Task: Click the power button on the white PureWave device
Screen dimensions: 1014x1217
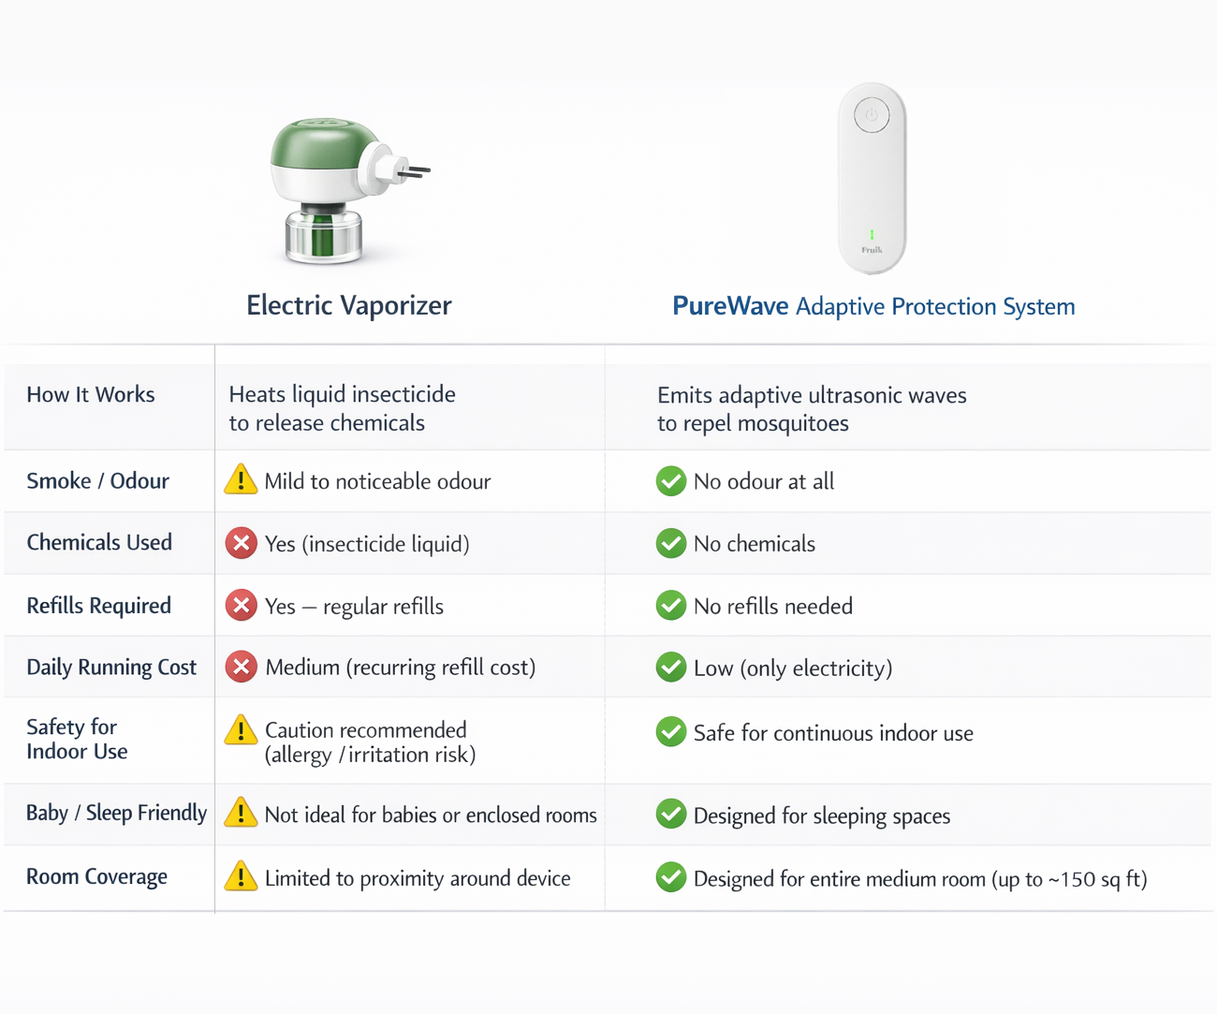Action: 872,116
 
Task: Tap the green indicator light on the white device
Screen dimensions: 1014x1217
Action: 872,235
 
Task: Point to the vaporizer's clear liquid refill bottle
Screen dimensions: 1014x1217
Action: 323,236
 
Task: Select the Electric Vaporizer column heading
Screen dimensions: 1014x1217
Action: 348,305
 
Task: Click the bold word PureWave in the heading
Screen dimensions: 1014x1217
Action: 730,306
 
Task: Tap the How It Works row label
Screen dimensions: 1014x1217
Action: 91,395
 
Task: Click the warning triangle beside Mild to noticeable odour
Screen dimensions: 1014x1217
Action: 241,480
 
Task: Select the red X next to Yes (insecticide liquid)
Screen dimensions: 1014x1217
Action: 241,543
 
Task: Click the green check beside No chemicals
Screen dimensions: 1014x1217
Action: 670,543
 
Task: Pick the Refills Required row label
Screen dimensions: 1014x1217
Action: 98,606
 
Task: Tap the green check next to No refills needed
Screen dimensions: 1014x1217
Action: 670,606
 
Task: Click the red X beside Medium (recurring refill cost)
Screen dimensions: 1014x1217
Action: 241,667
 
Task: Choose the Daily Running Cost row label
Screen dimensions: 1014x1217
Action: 111,668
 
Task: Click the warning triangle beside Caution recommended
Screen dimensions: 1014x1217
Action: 241,730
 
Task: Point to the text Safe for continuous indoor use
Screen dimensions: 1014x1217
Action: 833,733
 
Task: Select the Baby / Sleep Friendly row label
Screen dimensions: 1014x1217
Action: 116,813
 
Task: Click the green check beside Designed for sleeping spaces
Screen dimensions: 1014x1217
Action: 670,815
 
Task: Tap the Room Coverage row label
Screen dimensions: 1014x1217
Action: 96,877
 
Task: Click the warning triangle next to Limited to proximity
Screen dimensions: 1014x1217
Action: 241,877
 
